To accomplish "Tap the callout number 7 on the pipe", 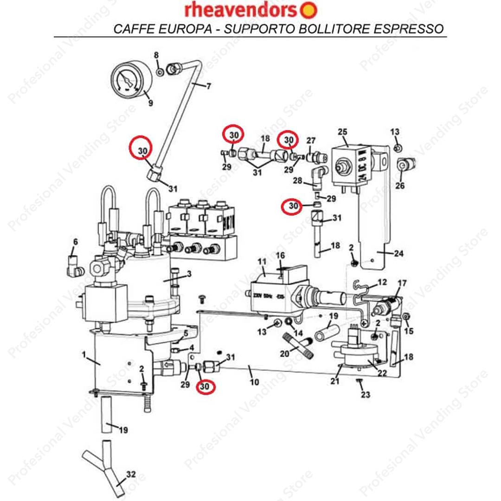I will tap(208, 86).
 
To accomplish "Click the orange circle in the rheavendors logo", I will tap(310, 10).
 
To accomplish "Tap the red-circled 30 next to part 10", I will tap(205, 386).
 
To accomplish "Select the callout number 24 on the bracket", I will tap(398, 254).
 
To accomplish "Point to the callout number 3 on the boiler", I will tap(188, 274).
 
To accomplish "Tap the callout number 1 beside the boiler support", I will tap(84, 354).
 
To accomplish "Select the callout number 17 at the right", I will tap(402, 283).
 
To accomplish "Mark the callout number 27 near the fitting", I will tap(311, 141).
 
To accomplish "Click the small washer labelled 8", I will tap(159, 71).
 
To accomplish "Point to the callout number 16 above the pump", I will tap(280, 256).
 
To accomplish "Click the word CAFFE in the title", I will tap(130, 29).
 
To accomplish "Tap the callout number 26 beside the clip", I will tap(400, 186).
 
